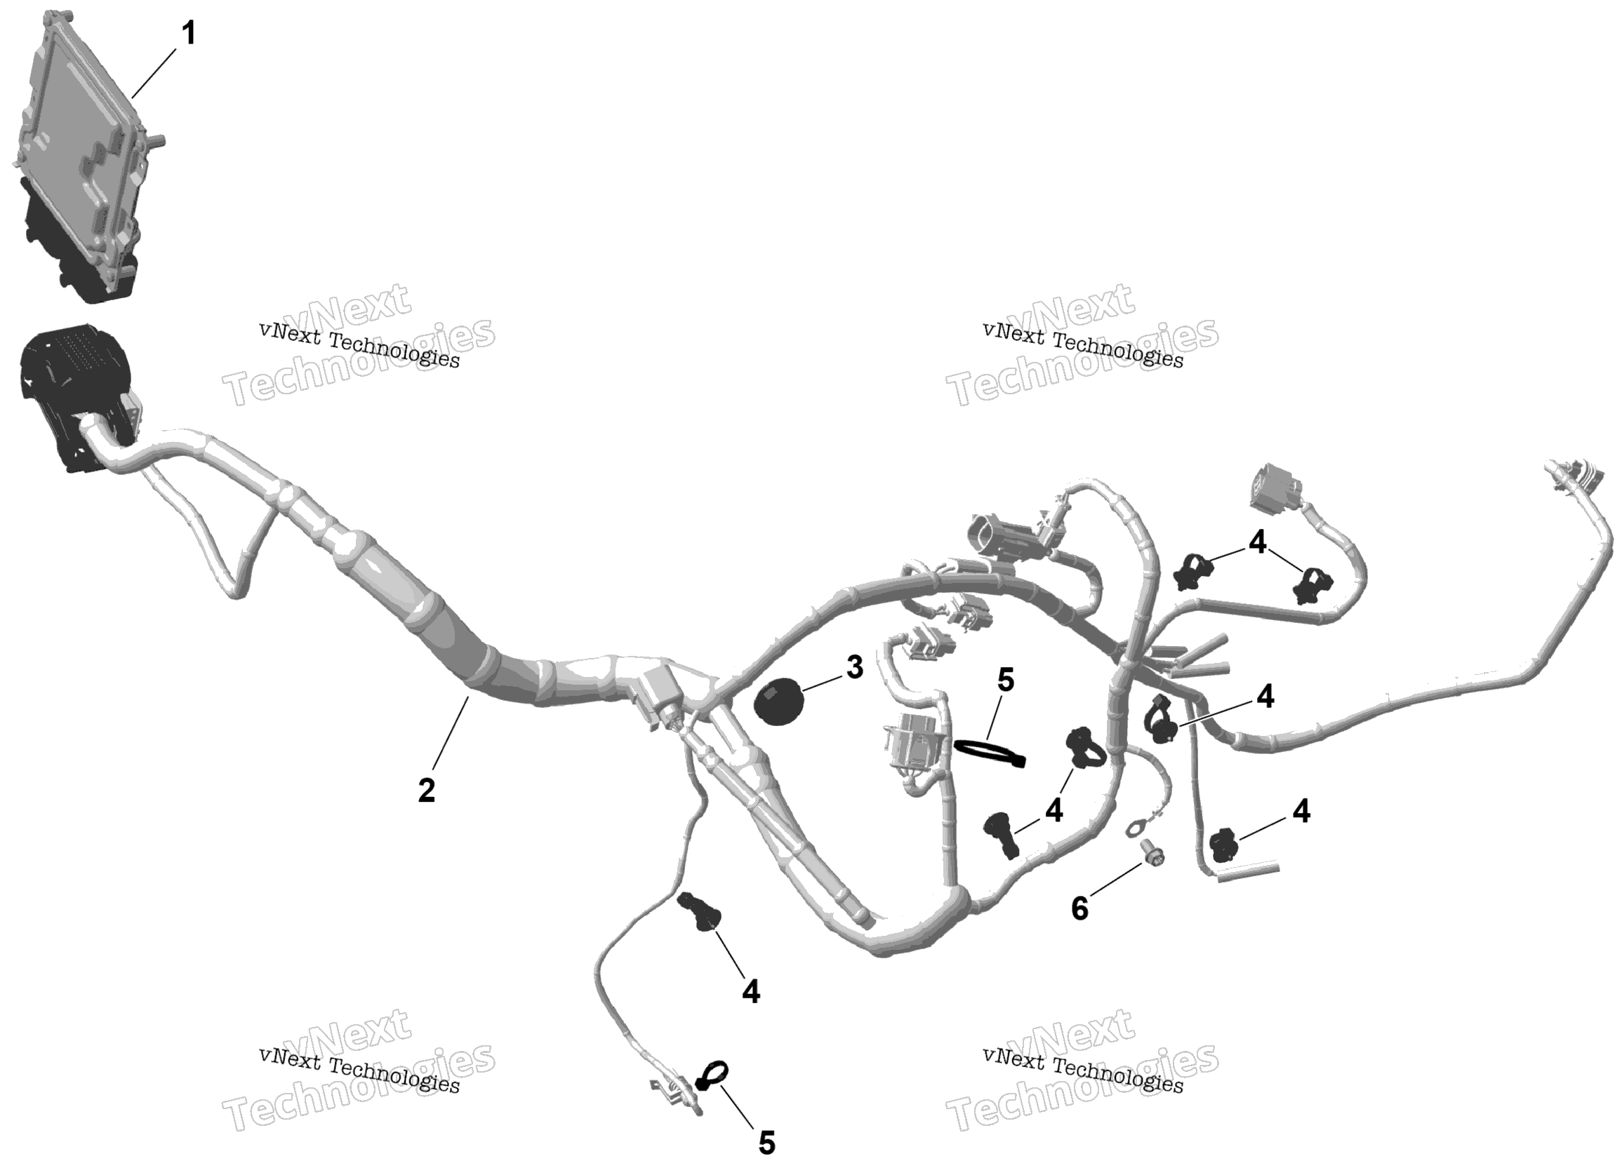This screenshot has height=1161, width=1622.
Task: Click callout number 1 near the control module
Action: (188, 34)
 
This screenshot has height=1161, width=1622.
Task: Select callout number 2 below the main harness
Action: (426, 791)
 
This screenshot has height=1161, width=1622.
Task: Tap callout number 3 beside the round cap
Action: (854, 667)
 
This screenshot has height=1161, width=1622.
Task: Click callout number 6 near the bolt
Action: (1079, 908)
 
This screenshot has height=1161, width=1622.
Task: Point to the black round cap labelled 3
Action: (778, 703)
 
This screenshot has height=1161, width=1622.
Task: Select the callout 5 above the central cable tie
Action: (1006, 680)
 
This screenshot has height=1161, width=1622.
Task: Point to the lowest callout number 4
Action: (750, 991)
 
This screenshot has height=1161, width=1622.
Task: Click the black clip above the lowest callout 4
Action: (700, 911)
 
